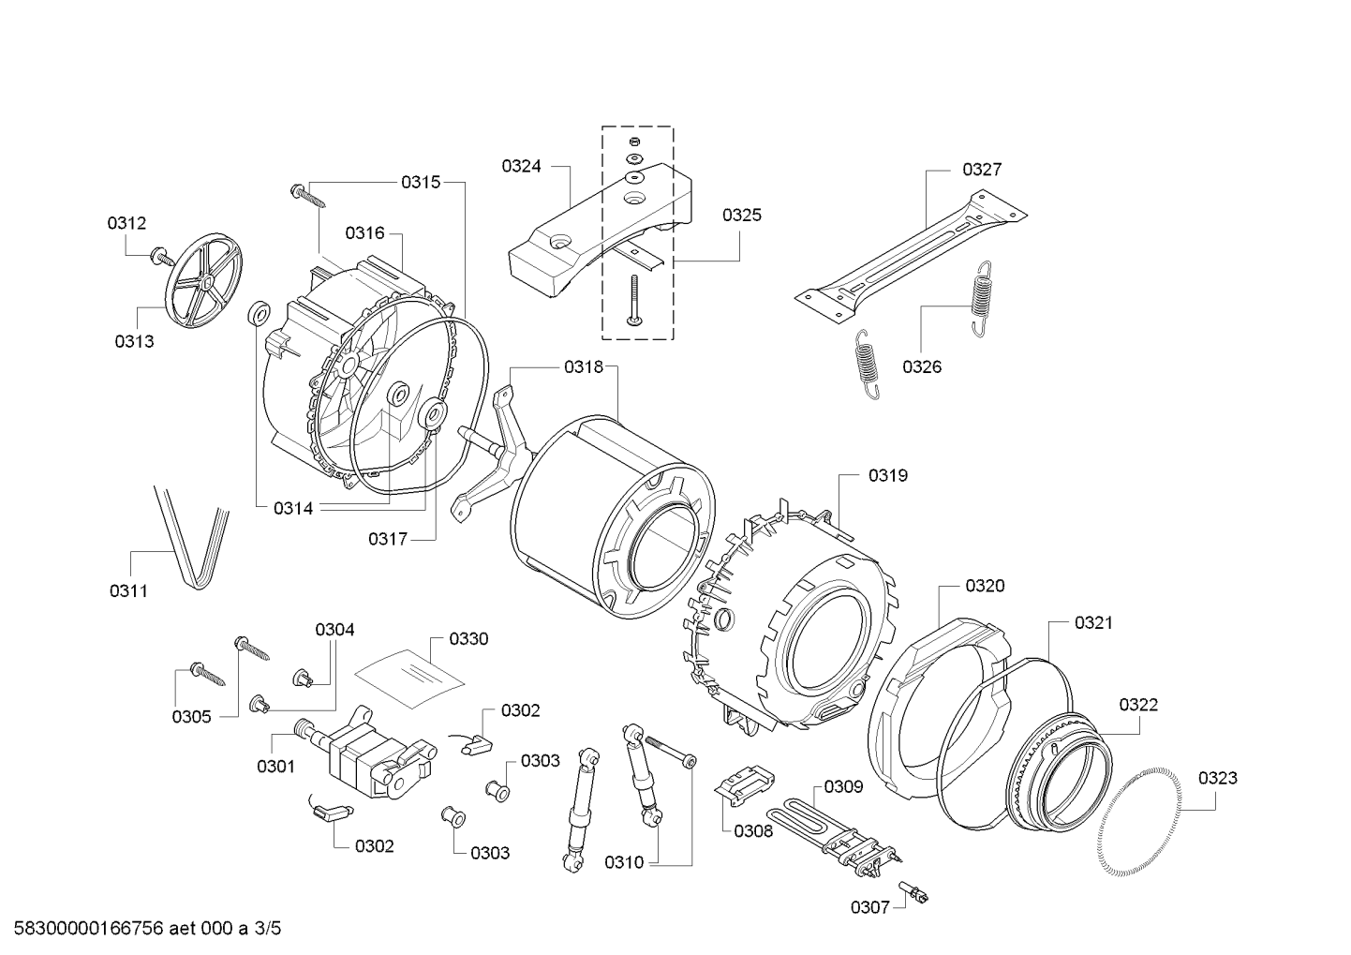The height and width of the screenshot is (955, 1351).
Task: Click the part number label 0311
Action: [128, 590]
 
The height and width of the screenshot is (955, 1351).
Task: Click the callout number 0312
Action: [126, 223]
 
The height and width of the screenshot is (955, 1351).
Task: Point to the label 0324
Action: [521, 166]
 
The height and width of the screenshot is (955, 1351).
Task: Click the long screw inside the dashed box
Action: [634, 300]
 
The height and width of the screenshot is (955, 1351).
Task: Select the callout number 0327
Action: [982, 170]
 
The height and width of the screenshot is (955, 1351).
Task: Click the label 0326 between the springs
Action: [922, 366]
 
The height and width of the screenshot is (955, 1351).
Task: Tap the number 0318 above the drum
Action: [584, 367]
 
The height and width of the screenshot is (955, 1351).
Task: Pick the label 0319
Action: [887, 475]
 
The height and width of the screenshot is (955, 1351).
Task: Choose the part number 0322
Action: [1137, 705]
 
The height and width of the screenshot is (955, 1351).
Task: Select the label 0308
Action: [753, 830]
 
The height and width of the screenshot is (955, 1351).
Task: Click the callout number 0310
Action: [624, 862]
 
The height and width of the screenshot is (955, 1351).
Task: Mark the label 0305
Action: [191, 717]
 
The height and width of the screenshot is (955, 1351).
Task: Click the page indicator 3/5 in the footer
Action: [267, 929]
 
